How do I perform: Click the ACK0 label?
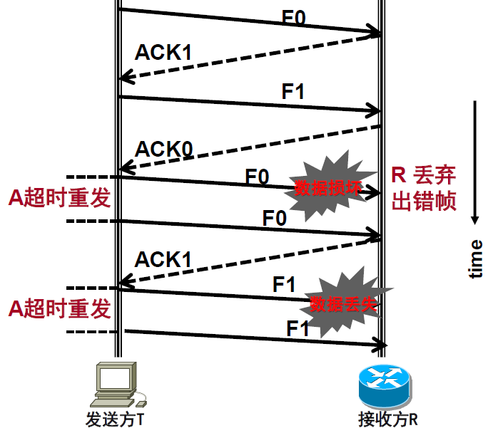(164, 149)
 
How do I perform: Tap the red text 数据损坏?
(329, 189)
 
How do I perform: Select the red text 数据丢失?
(343, 304)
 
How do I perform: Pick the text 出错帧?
(424, 202)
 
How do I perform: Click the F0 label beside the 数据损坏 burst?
(257, 175)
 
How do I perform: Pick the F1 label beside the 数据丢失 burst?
(284, 284)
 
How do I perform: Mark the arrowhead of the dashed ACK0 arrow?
(124, 169)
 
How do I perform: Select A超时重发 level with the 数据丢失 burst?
(60, 308)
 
